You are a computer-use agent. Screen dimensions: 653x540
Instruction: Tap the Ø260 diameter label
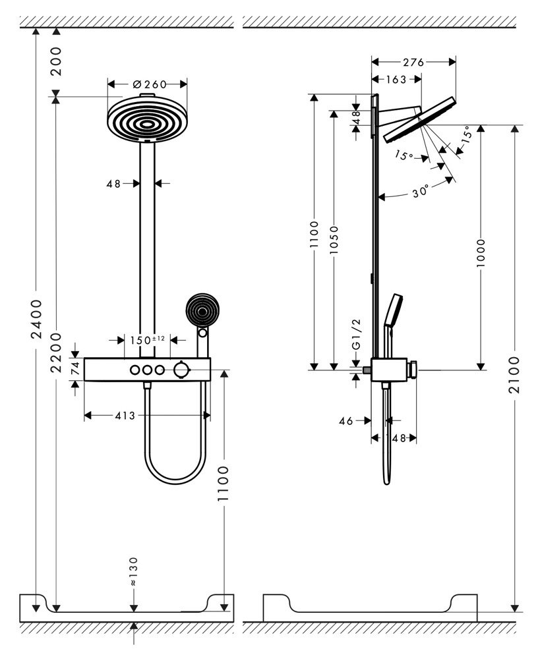pyautogui.click(x=148, y=84)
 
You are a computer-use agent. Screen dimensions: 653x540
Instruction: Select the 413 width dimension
pyautogui.click(x=125, y=415)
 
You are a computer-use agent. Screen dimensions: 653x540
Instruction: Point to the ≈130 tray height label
pyautogui.click(x=134, y=571)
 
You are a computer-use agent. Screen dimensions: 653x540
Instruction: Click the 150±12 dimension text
pyautogui.click(x=147, y=340)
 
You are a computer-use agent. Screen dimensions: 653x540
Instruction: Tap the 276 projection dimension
pyautogui.click(x=413, y=62)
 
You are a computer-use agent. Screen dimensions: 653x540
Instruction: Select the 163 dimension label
pyautogui.click(x=395, y=79)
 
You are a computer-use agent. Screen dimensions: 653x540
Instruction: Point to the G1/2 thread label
pyautogui.click(x=356, y=335)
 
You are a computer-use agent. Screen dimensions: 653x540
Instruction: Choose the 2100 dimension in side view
pyautogui.click(x=515, y=374)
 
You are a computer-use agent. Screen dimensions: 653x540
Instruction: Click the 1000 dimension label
pyautogui.click(x=481, y=252)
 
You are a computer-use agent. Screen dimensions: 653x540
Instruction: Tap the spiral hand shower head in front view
pyautogui.click(x=200, y=310)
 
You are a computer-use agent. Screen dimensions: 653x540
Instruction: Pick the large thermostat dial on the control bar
pyautogui.click(x=181, y=370)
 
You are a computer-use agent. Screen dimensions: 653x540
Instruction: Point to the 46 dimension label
pyautogui.click(x=346, y=420)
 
